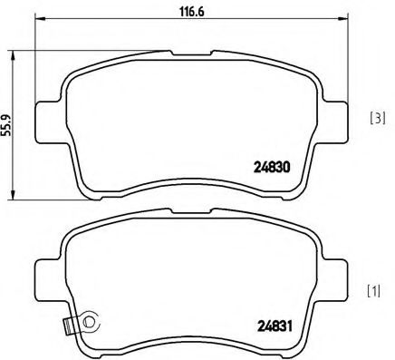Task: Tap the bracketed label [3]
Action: point(378,120)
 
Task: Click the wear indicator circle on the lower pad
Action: point(89,319)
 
